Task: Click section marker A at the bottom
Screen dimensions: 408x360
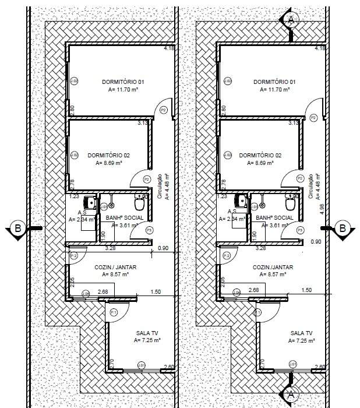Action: coord(290,397)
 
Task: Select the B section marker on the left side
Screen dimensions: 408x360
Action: coord(18,228)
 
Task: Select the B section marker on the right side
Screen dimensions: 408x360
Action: coord(343,228)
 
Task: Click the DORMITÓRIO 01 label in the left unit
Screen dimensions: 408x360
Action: coord(126,82)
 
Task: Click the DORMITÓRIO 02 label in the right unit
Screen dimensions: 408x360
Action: coord(260,156)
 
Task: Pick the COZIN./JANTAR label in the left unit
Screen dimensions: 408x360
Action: coord(119,266)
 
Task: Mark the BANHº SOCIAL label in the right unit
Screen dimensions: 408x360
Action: coord(273,217)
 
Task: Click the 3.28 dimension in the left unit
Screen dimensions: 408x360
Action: coord(110,248)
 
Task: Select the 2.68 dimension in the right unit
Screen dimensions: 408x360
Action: coord(254,290)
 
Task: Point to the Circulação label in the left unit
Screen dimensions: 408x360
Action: coord(160,187)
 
